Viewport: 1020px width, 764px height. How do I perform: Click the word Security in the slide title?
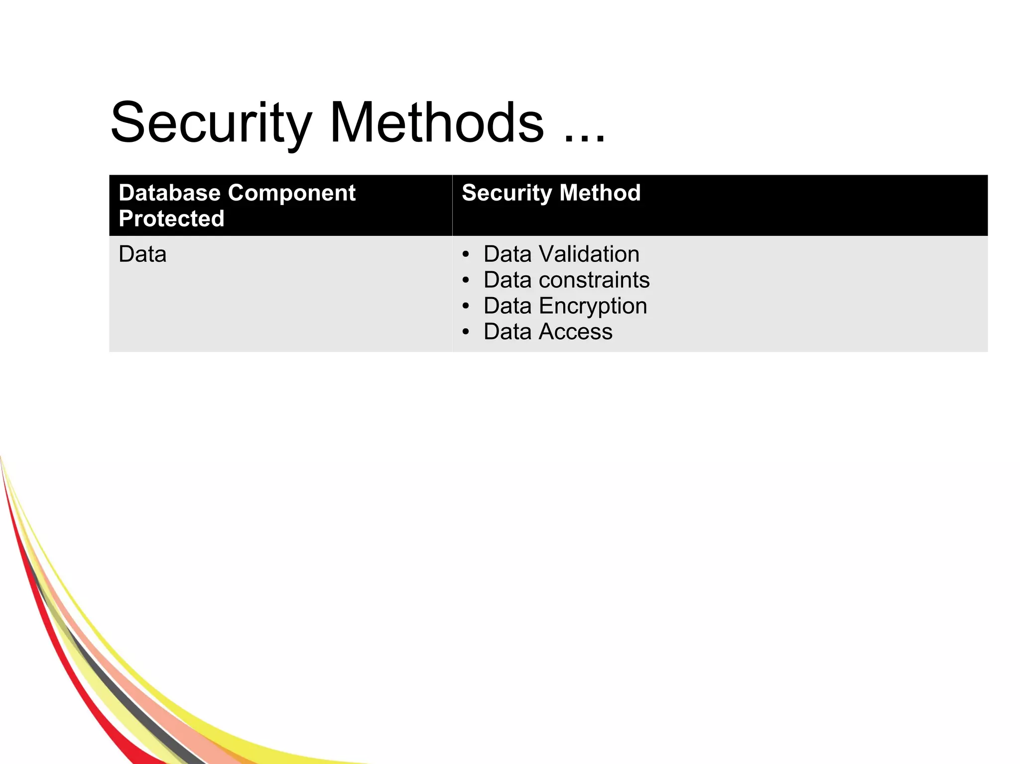[x=211, y=123]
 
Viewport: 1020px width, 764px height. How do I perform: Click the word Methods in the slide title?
[x=436, y=123]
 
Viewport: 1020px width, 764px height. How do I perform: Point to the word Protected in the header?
[x=171, y=219]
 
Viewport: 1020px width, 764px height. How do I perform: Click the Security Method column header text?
[x=551, y=193]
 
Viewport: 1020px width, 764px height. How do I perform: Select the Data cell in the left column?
[x=142, y=254]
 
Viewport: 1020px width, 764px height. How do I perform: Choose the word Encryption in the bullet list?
[x=593, y=306]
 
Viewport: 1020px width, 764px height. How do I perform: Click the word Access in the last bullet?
[x=576, y=332]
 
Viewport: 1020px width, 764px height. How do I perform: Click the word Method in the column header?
[x=600, y=193]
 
